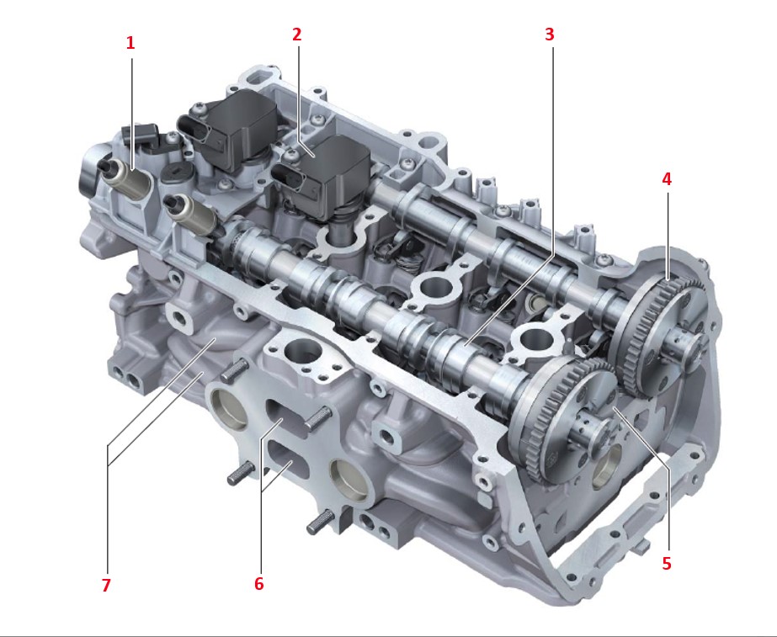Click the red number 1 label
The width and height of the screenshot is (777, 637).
pos(130,43)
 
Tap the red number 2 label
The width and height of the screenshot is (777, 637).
pos(297,35)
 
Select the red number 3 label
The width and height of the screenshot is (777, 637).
pos(550,35)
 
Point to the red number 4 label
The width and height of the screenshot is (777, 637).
pos(667,179)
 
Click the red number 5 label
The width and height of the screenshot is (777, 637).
pos(667,563)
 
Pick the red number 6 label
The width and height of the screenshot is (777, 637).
pos(258,584)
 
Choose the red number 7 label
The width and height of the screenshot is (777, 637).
pos(106,586)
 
